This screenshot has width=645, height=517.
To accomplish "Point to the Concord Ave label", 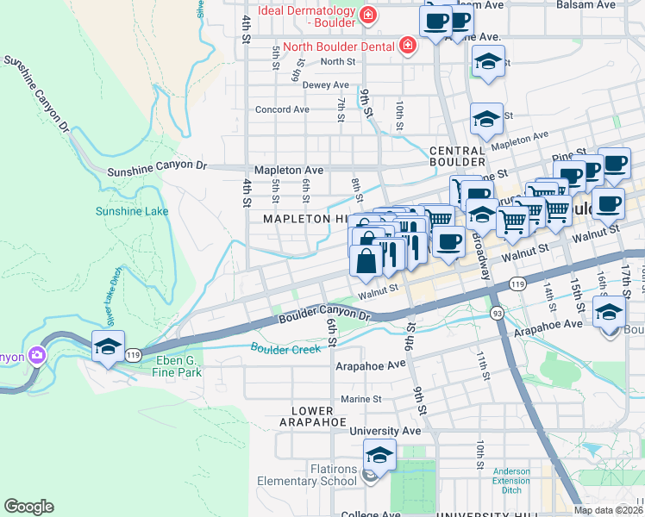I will click(281, 109).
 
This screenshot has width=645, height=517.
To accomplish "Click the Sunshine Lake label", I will click(132, 210).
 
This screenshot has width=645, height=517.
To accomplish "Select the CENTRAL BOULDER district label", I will click(457, 156).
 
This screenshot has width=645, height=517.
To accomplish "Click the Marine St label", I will click(360, 399).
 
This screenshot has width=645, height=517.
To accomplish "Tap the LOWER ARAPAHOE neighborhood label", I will click(312, 416).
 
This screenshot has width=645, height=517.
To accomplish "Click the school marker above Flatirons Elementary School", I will click(379, 454).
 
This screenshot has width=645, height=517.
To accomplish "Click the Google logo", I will click(28, 507).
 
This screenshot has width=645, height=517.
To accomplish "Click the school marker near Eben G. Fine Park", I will click(108, 347).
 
